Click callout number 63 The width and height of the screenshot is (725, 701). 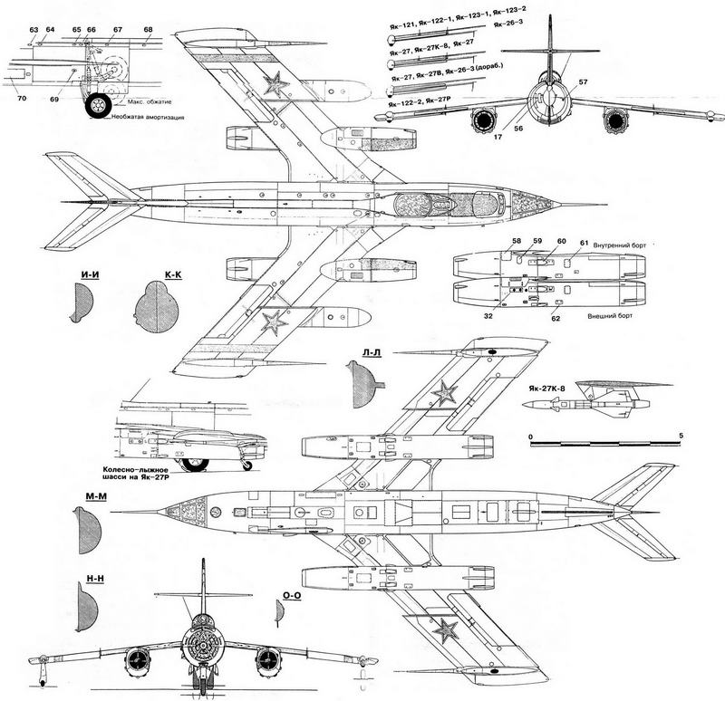point(34,31)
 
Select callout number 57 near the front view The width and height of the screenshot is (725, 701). point(583,82)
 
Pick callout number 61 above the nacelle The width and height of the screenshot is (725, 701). point(584,244)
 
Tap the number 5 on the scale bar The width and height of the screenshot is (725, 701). point(680,437)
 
